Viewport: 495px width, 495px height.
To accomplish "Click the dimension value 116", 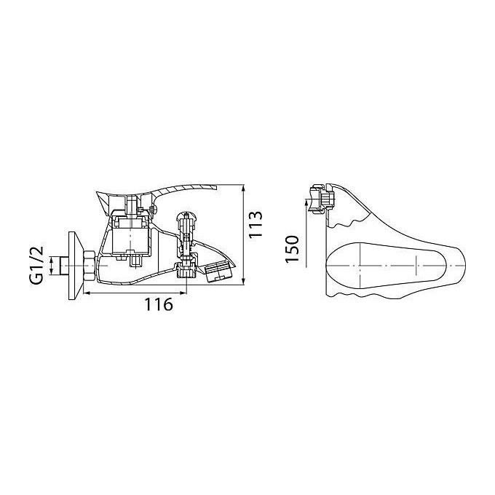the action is tap(159, 304).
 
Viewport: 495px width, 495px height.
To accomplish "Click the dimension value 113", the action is tap(256, 225).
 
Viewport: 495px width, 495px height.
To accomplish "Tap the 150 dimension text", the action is tap(292, 249).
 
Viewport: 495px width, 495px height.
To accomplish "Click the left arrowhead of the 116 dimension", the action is tap(87, 293).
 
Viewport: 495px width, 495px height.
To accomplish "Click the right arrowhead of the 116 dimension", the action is tap(183, 293).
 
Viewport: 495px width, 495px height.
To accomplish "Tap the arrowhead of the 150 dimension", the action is tap(306, 202).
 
